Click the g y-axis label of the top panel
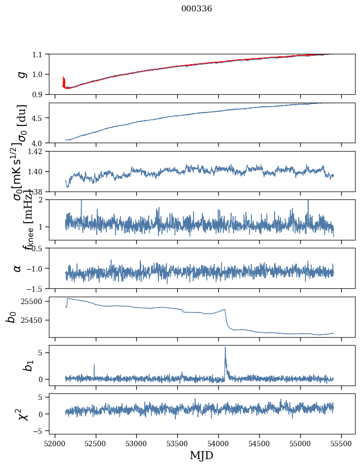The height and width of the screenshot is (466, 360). [20, 74]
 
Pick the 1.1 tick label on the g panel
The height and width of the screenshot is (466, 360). [39, 54]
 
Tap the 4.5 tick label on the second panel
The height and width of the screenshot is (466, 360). [39, 118]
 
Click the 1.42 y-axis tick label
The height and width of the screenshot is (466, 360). [37, 152]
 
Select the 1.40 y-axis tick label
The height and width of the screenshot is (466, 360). [37, 171]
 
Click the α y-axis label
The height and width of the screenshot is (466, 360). [18, 268]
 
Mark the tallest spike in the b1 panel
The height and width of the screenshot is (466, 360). [225, 348]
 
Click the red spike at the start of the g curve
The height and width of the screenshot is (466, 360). [64, 80]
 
